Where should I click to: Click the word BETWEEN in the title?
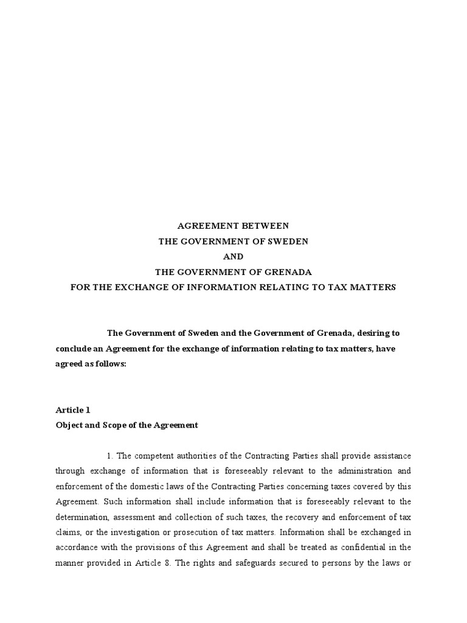pyautogui.click(x=263, y=226)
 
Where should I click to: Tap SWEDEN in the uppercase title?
pyautogui.click(x=289, y=242)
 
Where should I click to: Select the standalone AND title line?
pyautogui.click(x=233, y=257)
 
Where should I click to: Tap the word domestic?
pyautogui.click(x=122, y=487)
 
